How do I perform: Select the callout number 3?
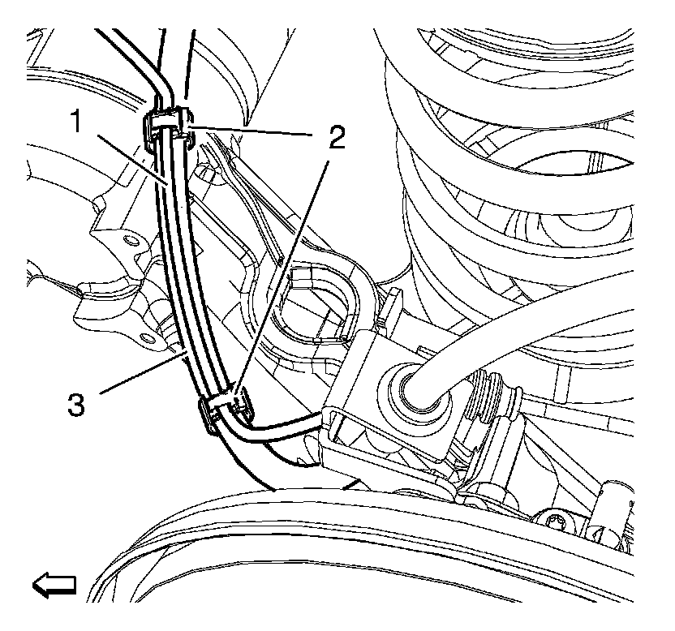coord(75,403)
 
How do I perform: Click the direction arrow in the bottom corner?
coord(54,583)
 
